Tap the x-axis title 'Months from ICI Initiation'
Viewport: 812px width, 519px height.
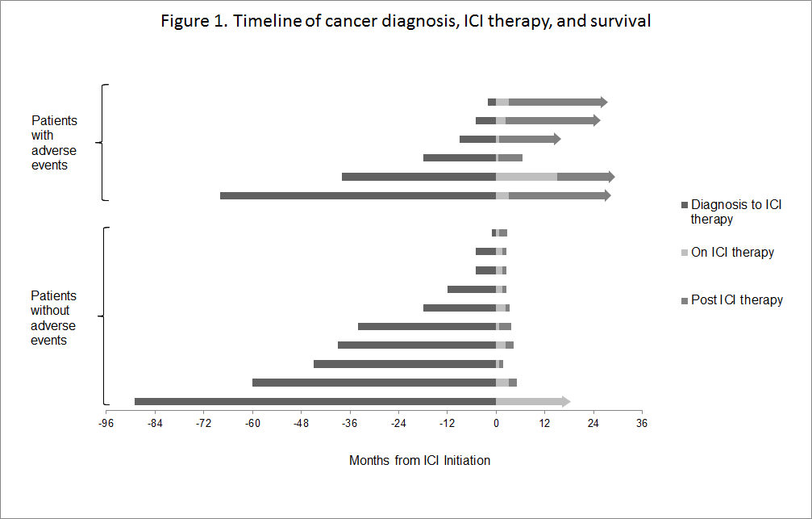[x=419, y=461]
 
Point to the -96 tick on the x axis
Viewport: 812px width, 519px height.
[x=106, y=423]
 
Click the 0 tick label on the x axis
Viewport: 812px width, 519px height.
[x=496, y=423]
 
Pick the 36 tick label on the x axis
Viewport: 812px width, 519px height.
[x=642, y=423]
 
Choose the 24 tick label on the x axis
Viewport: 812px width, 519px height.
[x=593, y=423]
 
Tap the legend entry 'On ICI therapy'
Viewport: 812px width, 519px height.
[x=732, y=253]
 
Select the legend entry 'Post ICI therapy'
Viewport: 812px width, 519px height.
[x=736, y=300]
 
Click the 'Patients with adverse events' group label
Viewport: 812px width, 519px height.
[x=54, y=143]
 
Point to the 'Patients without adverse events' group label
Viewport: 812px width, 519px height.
[x=53, y=318]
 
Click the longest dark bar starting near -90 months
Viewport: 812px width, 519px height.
[x=314, y=401]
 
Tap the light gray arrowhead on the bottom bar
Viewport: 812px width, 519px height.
[x=566, y=401]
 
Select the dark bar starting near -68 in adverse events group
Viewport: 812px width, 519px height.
[x=357, y=195]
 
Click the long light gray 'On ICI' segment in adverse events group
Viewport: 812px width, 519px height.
[x=526, y=177]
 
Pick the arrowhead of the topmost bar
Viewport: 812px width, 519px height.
[x=603, y=102]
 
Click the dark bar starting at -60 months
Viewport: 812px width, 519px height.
[x=373, y=383]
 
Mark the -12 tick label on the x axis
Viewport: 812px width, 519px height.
[x=448, y=423]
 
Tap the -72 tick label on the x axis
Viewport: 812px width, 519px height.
[x=204, y=423]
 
